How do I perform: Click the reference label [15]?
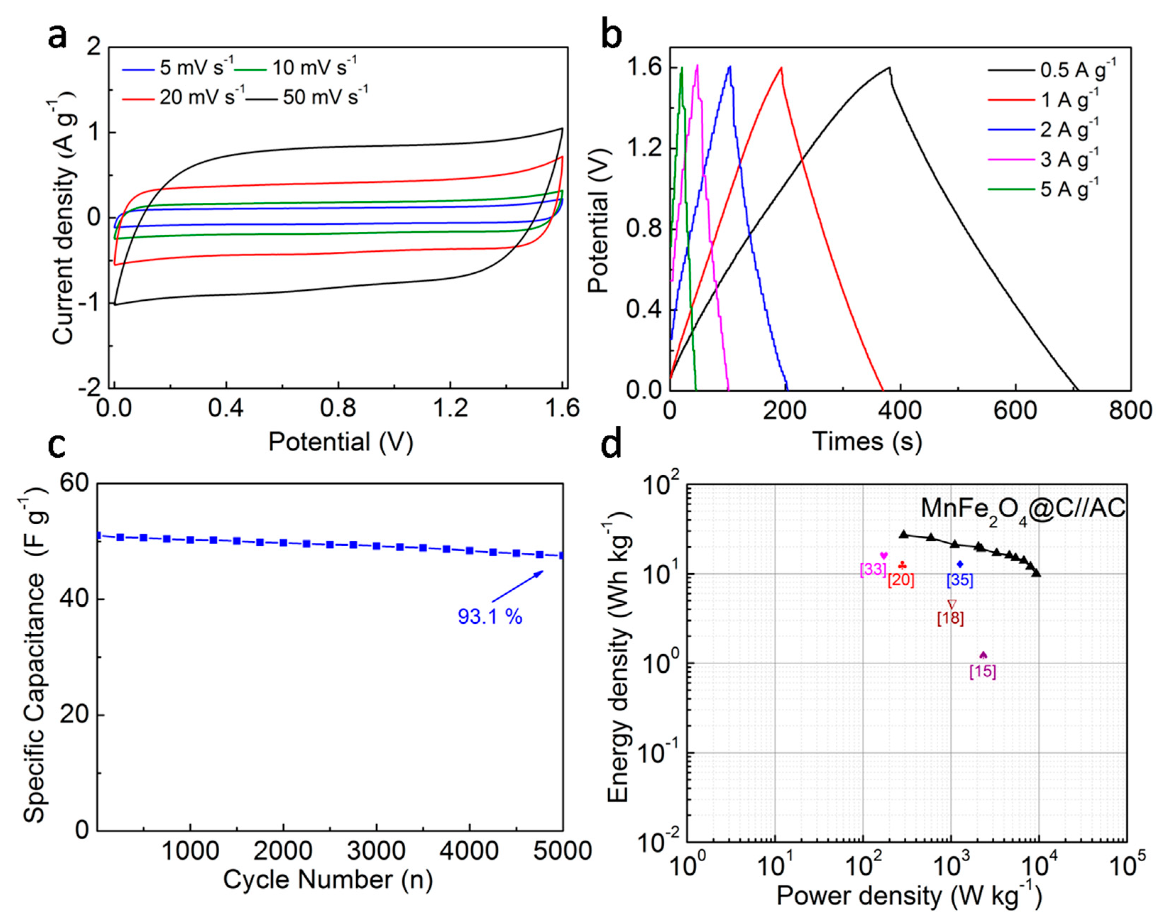tap(983, 672)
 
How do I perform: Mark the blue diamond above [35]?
tap(960, 564)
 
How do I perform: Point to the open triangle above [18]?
tap(952, 604)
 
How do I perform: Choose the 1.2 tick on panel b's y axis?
tap(644, 149)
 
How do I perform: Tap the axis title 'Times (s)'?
tap(867, 442)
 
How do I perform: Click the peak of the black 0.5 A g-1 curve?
tap(889, 67)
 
